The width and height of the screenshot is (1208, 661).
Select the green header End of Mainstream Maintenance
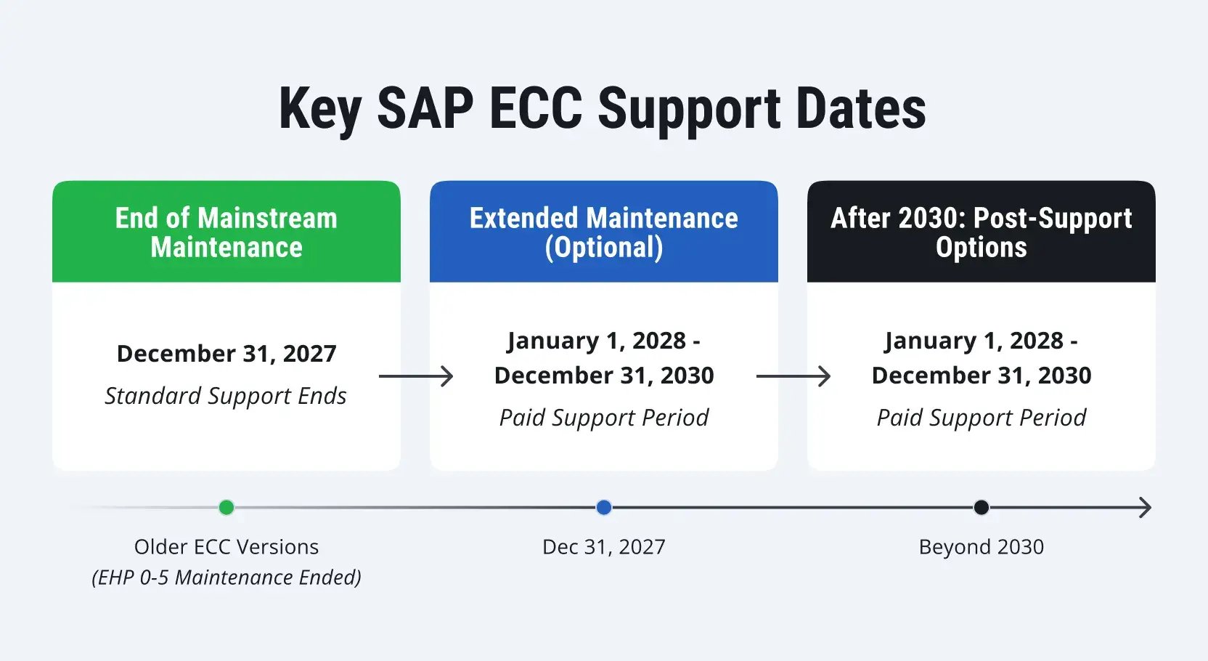[226, 232]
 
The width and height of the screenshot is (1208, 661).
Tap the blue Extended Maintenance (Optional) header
[604, 232]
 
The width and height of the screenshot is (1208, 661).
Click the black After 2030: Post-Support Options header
[981, 232]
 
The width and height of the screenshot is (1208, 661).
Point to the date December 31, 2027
[226, 354]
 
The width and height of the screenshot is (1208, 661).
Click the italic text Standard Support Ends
[226, 396]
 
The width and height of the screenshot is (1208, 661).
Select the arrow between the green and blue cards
[416, 376]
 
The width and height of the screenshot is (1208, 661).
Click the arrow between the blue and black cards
[793, 376]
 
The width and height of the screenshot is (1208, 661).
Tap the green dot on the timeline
[226, 507]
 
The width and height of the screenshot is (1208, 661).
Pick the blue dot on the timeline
[604, 507]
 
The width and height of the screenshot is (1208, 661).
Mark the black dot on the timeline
[981, 507]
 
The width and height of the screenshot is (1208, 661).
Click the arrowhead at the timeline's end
[1151, 507]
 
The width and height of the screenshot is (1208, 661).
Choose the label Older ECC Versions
[226, 547]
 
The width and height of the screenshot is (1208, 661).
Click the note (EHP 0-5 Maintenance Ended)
[226, 577]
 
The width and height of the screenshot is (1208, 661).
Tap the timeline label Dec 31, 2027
[604, 547]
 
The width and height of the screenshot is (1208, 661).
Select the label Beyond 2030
[981, 547]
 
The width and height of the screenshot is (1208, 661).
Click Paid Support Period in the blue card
[604, 418]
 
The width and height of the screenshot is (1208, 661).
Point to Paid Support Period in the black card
[981, 418]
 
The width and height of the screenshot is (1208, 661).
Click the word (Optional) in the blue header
[604, 248]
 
